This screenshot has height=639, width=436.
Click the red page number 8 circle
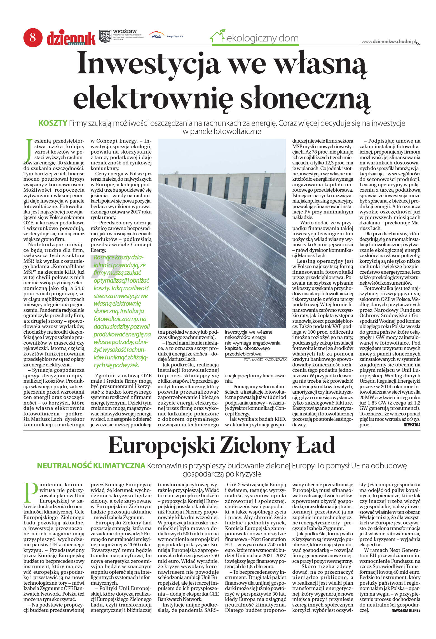pyautogui.click(x=33, y=37)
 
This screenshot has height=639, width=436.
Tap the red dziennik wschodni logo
pyautogui.click(x=71, y=38)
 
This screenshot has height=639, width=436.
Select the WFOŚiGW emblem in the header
pyautogui.click(x=105, y=36)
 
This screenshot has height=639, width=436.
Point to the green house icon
pyautogui.click(x=218, y=36)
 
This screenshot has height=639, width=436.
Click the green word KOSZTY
pyautogui.click(x=53, y=123)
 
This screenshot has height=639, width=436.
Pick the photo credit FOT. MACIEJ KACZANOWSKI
pyautogui.click(x=265, y=359)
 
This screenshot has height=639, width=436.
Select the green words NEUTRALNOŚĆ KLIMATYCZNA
pyautogui.click(x=91, y=466)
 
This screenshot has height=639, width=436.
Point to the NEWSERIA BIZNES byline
pyautogui.click(x=406, y=610)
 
